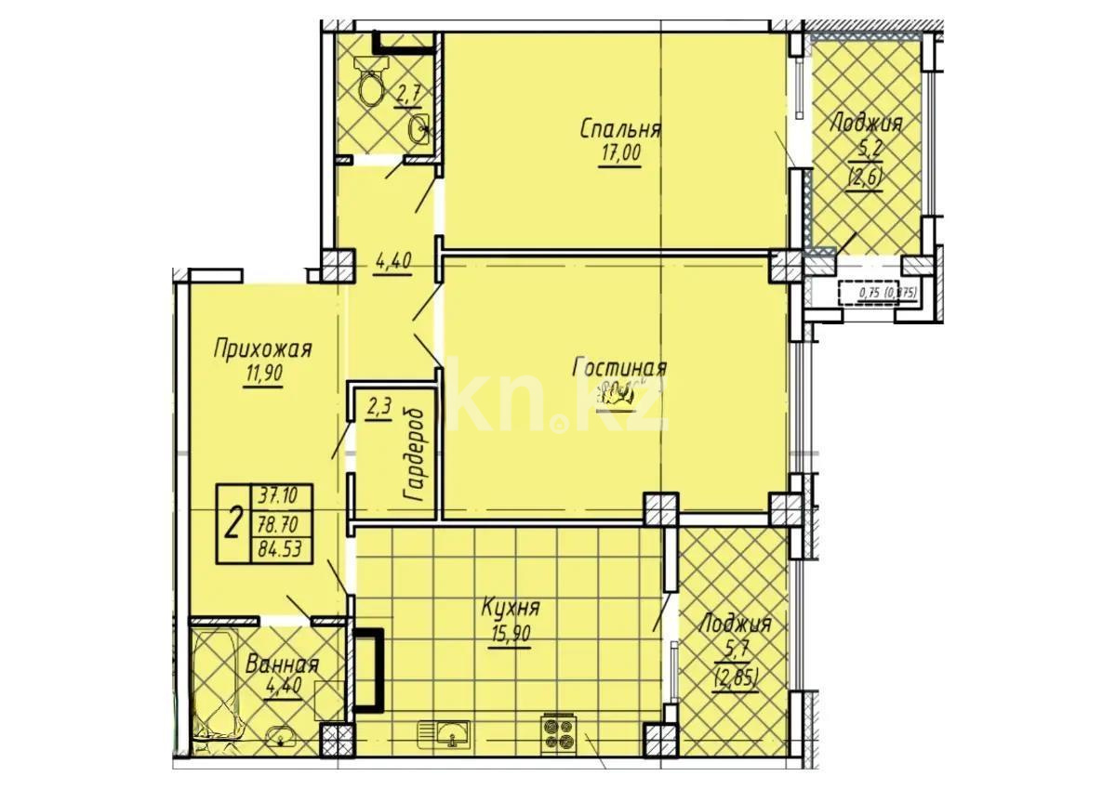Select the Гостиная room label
[x=619, y=369]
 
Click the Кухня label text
[x=511, y=610]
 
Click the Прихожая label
[x=262, y=349]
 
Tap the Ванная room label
[x=282, y=665]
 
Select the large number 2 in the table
[x=232, y=525]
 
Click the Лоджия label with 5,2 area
[x=866, y=122]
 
